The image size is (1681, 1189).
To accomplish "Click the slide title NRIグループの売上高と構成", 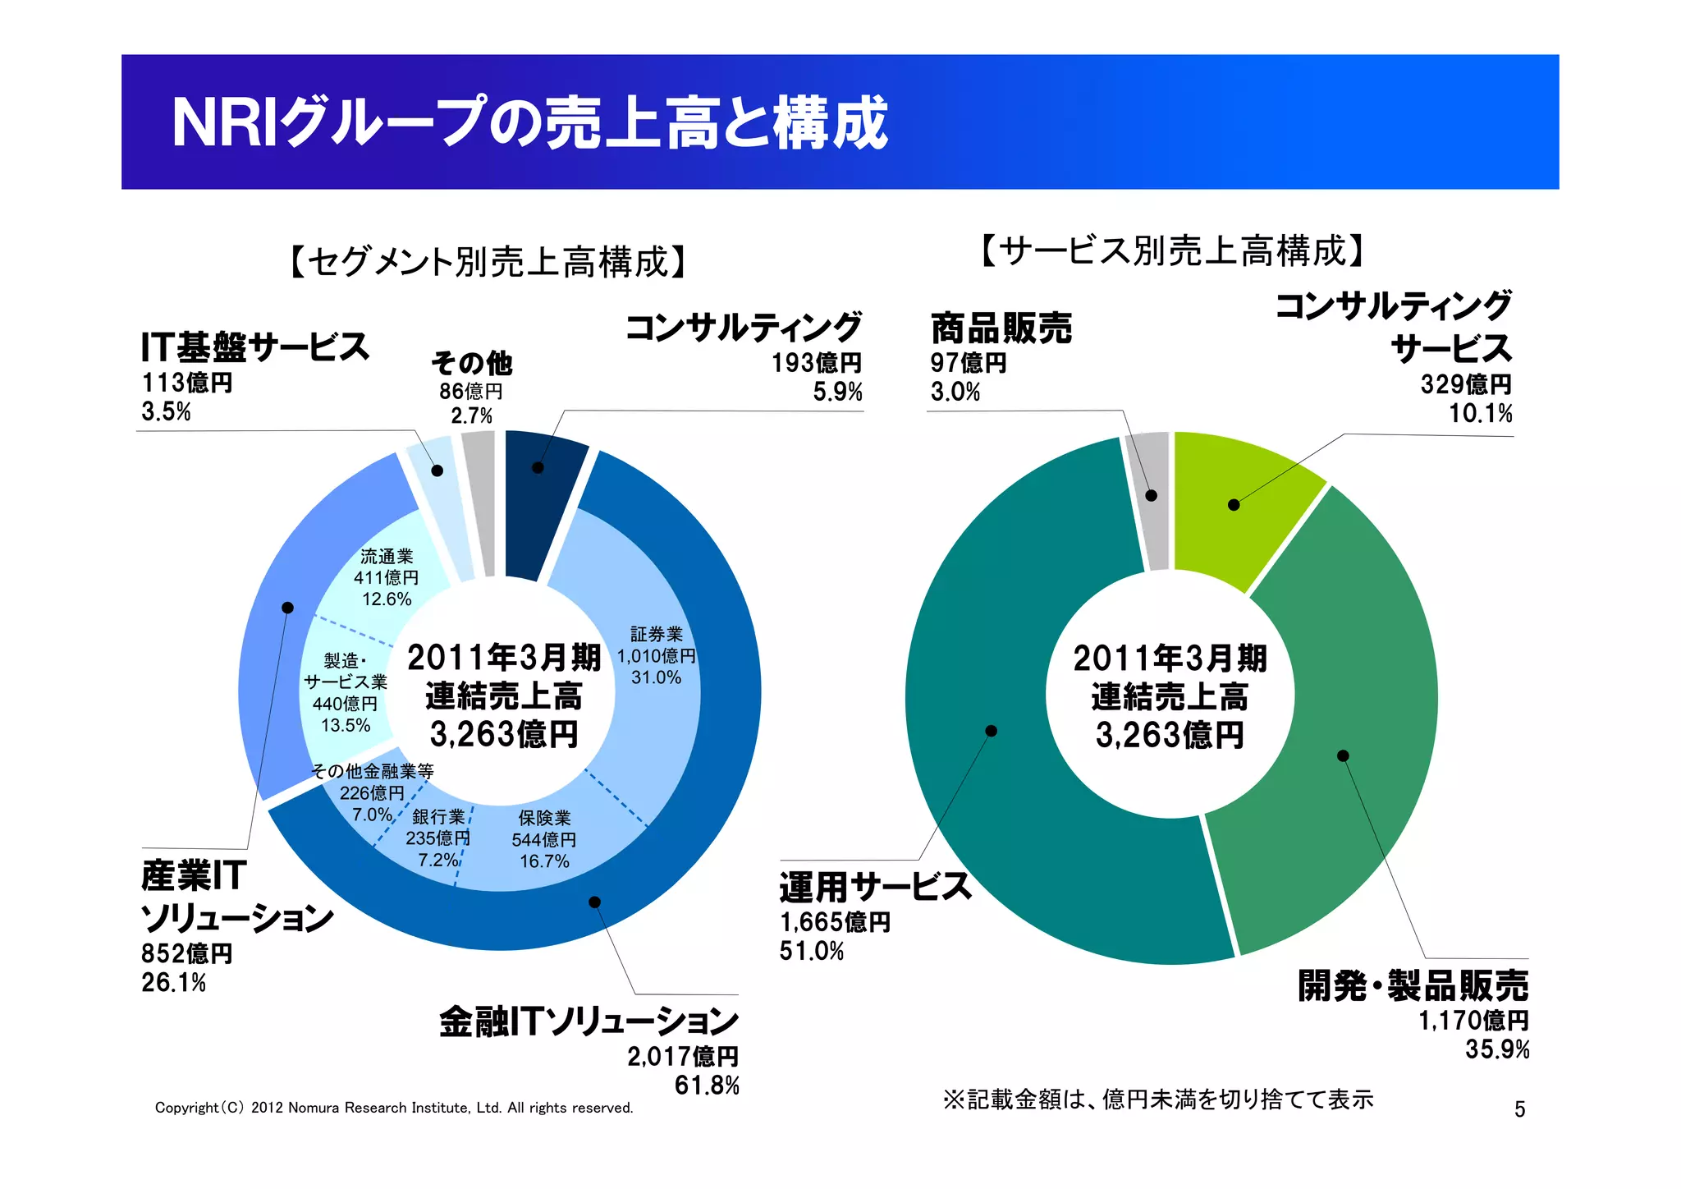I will (x=529, y=123).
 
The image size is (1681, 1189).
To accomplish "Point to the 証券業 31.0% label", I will (x=656, y=656).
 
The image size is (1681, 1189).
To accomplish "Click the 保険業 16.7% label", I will (x=544, y=839).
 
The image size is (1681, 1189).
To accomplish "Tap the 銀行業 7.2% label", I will (x=438, y=838).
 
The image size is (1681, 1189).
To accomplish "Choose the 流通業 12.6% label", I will (x=387, y=578).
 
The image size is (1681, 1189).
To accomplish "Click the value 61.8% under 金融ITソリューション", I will (x=707, y=1086).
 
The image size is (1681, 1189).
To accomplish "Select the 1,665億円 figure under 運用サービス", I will (x=835, y=922).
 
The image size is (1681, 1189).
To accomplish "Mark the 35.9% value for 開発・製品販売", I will (x=1497, y=1049).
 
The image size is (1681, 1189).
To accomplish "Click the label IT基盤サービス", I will (x=255, y=347).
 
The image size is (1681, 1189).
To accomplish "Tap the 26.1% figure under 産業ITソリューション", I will (x=174, y=982).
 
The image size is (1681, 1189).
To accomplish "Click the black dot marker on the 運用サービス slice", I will (x=992, y=731).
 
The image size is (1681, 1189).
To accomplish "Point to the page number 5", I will (x=1519, y=1109).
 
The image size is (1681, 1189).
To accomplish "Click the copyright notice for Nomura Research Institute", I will (x=394, y=1108).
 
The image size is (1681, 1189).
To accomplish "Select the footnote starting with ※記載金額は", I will (x=1157, y=1099).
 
